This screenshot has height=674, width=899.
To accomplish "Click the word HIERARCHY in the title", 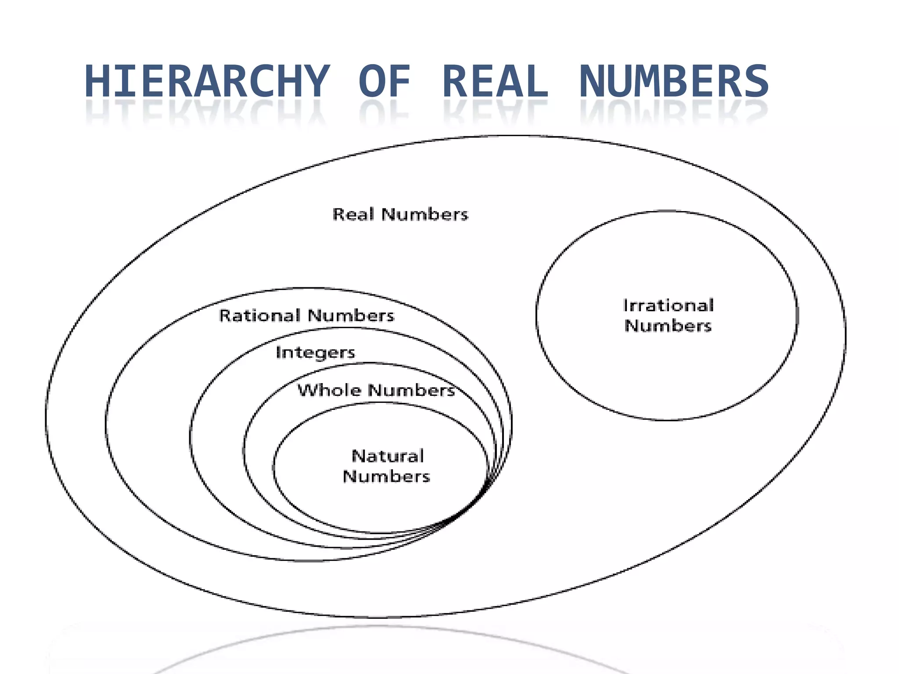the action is click(206, 81).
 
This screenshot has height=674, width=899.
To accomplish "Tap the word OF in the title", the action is click(385, 81).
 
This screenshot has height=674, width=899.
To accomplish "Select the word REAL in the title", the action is click(495, 81).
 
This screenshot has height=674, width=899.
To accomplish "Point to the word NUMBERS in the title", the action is click(674, 81).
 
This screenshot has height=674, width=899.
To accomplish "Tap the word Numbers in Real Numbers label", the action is click(425, 215).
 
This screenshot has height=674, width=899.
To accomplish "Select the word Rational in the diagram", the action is click(260, 315).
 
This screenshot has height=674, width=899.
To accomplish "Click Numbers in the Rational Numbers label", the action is click(351, 315).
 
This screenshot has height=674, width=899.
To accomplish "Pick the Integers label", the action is click(315, 353).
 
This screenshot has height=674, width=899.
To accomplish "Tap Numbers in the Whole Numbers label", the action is click(411, 390).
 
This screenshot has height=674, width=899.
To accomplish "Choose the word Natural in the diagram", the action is click(388, 456).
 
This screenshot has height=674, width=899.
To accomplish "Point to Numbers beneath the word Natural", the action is click(386, 476).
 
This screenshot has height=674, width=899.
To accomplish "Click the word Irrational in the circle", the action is click(668, 305).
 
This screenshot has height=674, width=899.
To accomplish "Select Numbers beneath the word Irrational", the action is click(668, 326).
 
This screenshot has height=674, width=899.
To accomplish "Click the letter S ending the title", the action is click(755, 81).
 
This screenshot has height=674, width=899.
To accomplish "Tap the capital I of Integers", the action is click(278, 352).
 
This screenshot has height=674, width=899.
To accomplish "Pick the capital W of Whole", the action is click(307, 390).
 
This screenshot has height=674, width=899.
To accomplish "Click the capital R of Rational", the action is click(225, 315).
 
